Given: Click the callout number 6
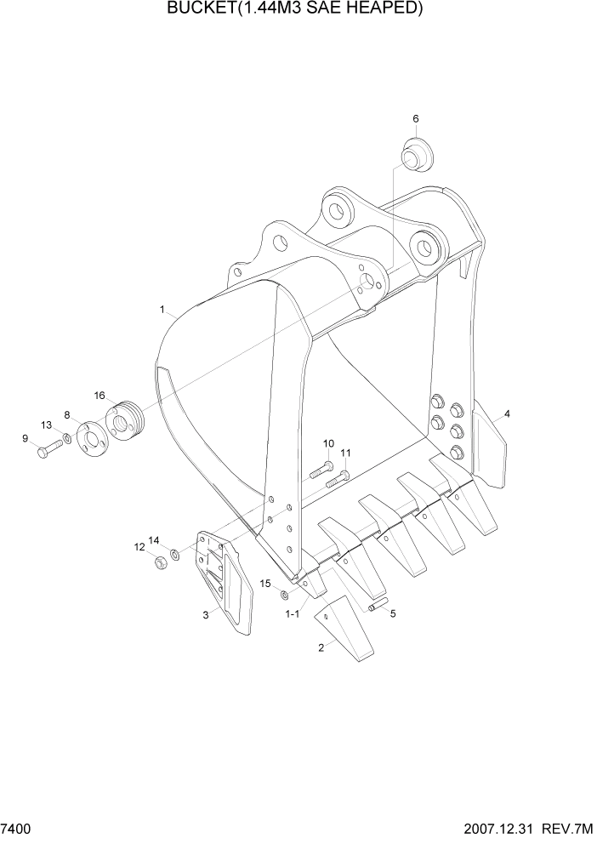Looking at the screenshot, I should (416, 118).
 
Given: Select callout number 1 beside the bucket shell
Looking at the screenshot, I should (162, 311).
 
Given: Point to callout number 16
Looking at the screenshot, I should (99, 396).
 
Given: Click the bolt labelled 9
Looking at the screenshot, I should (46, 450).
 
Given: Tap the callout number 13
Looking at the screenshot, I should (47, 425).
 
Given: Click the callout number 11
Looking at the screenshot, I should (346, 453).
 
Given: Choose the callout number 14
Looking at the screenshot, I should (154, 539).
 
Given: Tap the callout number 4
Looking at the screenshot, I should (507, 414).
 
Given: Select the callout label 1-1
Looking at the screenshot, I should (292, 613).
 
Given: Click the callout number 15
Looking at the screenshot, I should (265, 584).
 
